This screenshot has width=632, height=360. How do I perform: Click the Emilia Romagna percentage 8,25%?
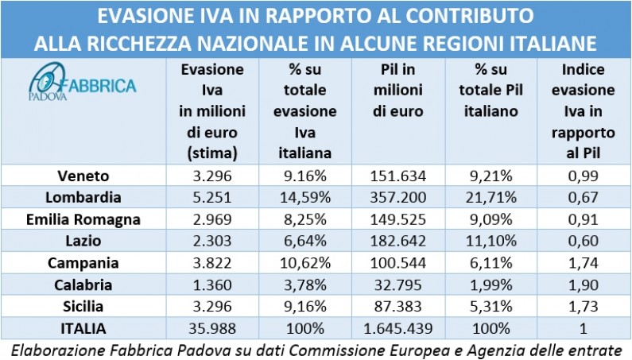click(305, 219)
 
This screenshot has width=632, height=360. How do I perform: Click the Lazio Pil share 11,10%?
click(493, 240)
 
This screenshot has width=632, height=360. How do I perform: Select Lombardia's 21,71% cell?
click(493, 196)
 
